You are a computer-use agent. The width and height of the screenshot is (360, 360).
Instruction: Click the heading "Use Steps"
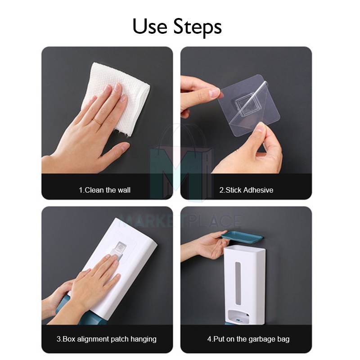177,27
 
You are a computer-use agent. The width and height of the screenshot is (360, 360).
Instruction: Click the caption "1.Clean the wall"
105,190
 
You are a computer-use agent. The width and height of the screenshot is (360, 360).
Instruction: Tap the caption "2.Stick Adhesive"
246,190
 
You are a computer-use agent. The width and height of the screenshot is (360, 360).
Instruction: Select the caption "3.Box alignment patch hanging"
107,339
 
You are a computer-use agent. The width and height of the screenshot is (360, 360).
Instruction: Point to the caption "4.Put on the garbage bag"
248,339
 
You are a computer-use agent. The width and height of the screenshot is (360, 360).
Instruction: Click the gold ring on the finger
97,121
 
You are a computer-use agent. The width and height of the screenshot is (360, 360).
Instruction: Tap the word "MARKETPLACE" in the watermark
180,221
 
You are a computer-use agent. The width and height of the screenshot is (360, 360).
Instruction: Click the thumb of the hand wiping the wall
115,151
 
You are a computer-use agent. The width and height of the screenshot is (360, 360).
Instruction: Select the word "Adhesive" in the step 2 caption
258,190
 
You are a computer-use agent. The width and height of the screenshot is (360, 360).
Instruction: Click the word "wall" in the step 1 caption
124,190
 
